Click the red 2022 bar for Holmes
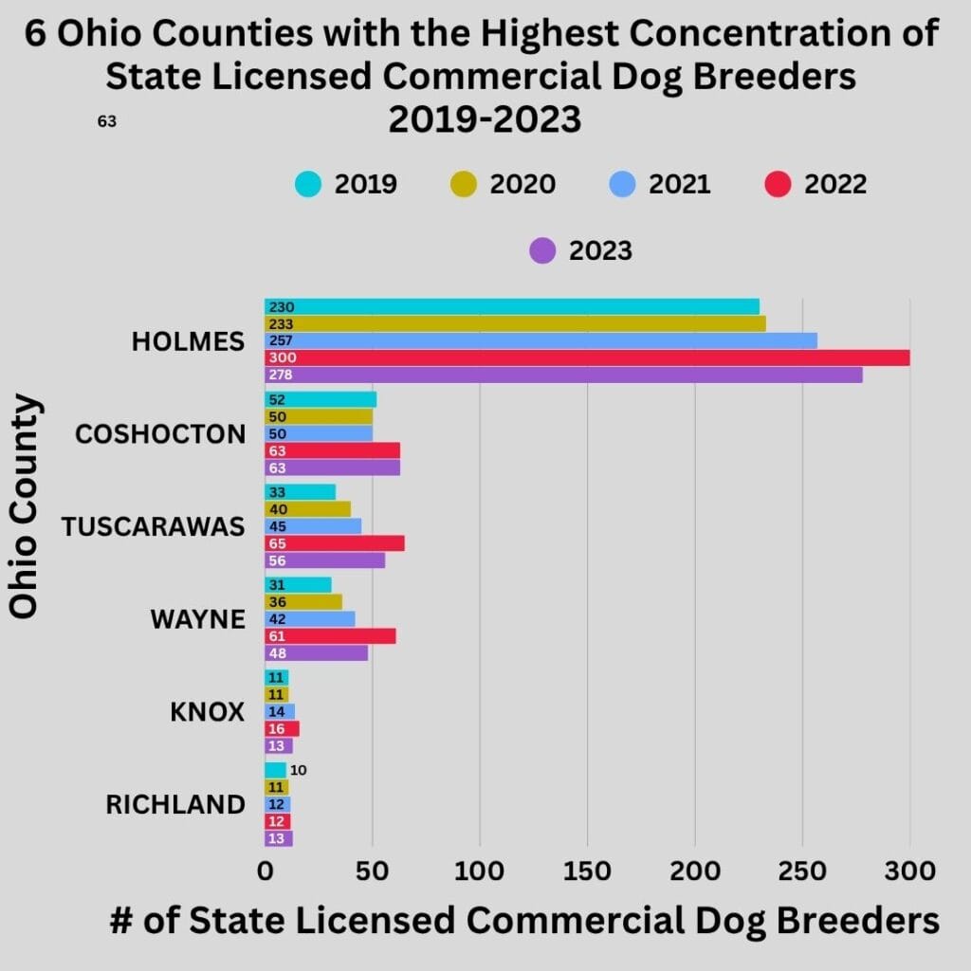(x=587, y=357)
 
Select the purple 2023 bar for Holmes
(x=563, y=375)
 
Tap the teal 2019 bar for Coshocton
(x=321, y=400)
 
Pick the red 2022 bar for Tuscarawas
(x=335, y=543)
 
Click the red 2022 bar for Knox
(x=282, y=728)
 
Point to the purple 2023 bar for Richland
(x=279, y=838)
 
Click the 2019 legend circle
(x=308, y=184)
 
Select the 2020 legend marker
(x=465, y=184)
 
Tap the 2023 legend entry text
(x=600, y=251)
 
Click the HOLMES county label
(x=188, y=341)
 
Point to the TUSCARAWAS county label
(x=154, y=527)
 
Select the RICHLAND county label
(x=175, y=805)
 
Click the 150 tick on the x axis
(x=587, y=870)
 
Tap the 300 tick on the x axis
(x=910, y=870)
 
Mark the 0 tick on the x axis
(x=265, y=870)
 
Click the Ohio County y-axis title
(x=25, y=506)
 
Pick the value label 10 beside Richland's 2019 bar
(x=298, y=770)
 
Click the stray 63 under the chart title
(x=107, y=121)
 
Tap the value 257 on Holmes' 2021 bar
(x=281, y=340)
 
